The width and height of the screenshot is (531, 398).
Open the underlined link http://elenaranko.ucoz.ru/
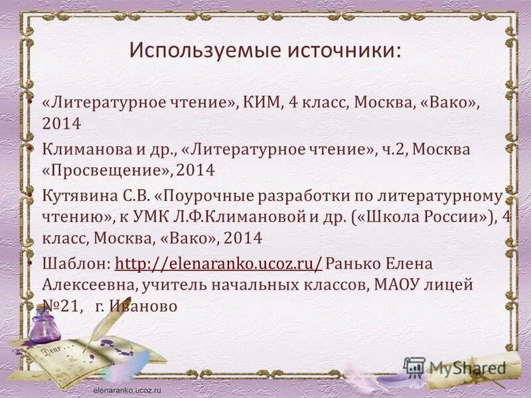click(x=219, y=264)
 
